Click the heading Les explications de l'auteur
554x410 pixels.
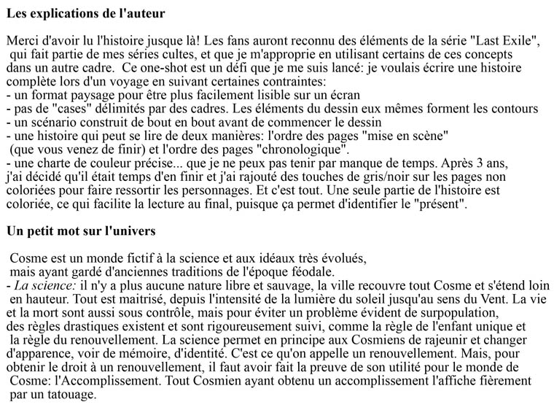coord(85,13)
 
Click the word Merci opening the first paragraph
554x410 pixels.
coord(21,41)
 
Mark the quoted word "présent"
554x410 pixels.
coord(436,204)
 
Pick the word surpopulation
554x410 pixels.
coord(380,313)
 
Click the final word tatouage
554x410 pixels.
coord(71,395)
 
